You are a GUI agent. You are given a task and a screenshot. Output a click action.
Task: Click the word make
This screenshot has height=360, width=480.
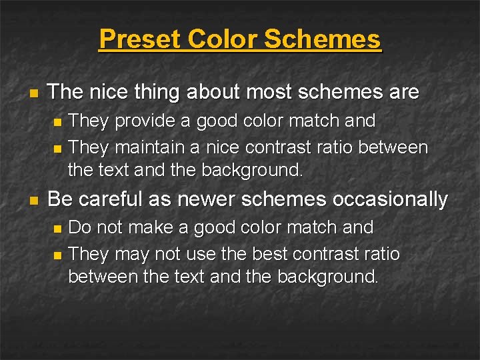(151, 228)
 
